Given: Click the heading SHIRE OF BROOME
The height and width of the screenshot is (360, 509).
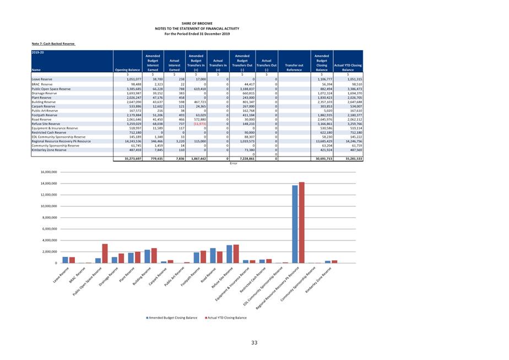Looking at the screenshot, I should tap(197, 23).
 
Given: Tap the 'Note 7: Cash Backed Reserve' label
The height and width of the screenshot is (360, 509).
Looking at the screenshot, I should tap(53, 43).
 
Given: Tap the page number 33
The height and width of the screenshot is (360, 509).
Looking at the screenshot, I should tap(254, 343).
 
